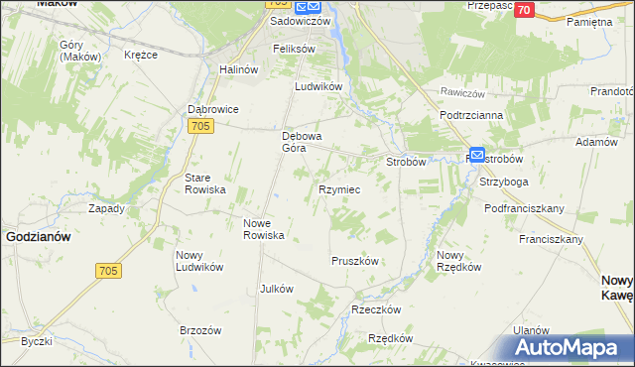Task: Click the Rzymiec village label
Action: point(339,188)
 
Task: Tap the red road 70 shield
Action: point(525,10)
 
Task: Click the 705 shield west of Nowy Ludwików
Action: point(108,270)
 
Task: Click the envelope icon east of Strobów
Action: point(476,156)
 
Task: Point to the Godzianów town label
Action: point(38,237)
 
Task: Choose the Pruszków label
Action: point(354,261)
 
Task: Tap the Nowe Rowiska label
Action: point(265,229)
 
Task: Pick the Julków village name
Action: point(276,289)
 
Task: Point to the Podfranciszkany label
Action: point(524,208)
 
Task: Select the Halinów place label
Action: point(238,69)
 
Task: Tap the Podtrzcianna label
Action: point(472,115)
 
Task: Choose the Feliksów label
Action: point(295,49)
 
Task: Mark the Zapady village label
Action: point(106,208)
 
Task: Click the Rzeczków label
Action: point(376,309)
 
